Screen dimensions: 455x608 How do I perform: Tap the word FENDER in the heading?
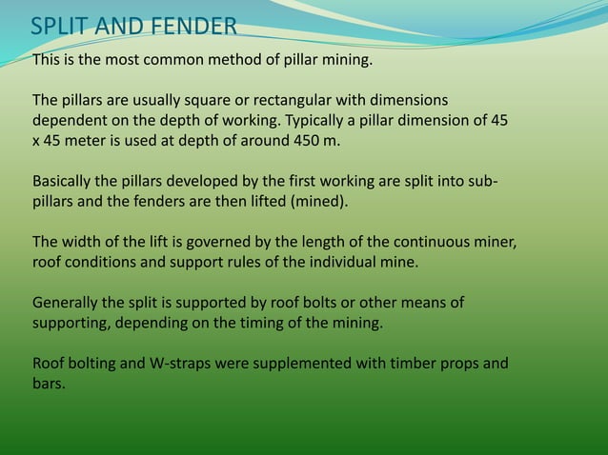pyautogui.click(x=191, y=25)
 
